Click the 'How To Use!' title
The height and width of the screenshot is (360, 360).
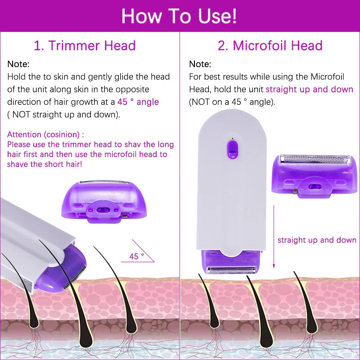[x=179, y=16]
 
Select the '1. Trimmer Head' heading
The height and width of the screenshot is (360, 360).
[x=85, y=45]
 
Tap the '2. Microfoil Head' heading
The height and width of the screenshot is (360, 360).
[x=270, y=45]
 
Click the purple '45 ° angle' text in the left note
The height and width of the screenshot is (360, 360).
[x=138, y=102]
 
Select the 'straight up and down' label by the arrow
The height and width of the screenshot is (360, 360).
[x=317, y=240]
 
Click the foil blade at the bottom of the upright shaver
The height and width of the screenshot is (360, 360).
[x=232, y=270]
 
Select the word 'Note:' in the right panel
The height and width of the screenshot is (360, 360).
[x=200, y=64]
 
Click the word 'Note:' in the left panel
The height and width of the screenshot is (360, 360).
[x=18, y=64]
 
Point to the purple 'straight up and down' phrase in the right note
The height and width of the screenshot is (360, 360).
[x=309, y=89]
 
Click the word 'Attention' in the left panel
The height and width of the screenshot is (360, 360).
[x=25, y=134]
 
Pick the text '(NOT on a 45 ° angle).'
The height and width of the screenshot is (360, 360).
[x=232, y=102]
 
